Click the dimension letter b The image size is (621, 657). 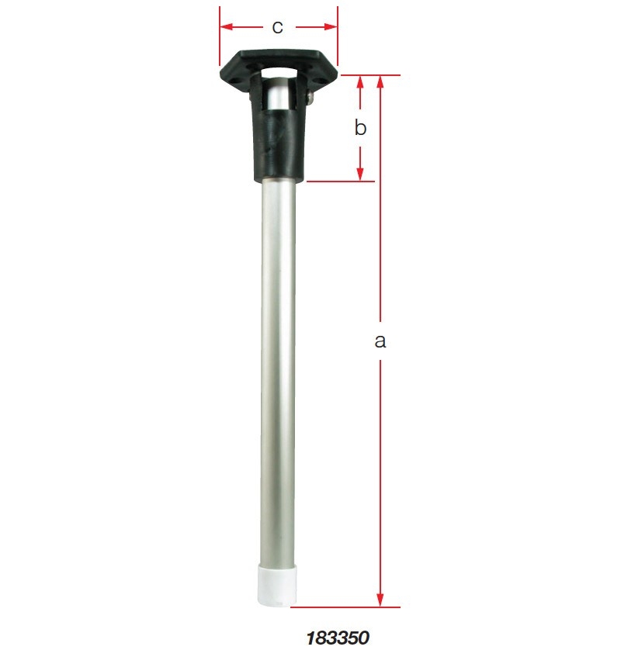[360, 128]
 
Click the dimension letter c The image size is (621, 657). [277, 26]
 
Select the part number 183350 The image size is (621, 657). [338, 638]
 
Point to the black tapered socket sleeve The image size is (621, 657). [278, 144]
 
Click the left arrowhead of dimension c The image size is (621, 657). [226, 27]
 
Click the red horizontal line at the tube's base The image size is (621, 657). [349, 607]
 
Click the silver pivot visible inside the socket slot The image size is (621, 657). [278, 96]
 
